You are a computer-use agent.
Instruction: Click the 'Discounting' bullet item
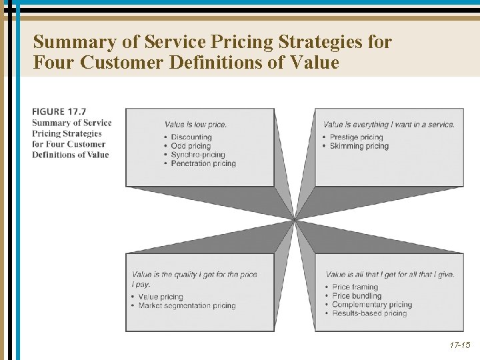191,137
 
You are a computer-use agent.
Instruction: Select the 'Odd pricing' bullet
191,146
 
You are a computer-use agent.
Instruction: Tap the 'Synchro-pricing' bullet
197,155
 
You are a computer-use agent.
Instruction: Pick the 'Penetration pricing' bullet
203,163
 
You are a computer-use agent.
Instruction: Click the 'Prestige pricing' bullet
357,137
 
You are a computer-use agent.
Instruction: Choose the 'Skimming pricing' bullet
359,146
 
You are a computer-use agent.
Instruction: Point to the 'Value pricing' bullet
160,297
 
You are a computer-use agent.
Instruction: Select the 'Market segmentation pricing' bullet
187,305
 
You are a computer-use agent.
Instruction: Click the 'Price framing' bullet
355,287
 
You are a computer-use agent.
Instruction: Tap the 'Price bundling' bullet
357,296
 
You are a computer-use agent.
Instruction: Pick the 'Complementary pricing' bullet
372,305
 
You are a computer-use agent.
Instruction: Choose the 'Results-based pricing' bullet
369,313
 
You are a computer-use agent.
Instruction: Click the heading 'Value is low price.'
195,125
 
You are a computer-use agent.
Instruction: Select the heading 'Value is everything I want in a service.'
389,125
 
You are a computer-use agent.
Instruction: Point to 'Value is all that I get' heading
390,275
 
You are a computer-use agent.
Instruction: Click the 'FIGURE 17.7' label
59,112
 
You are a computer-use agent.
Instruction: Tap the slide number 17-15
459,345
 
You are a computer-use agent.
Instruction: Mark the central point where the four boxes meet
295,220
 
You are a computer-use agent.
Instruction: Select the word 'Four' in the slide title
55,63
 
